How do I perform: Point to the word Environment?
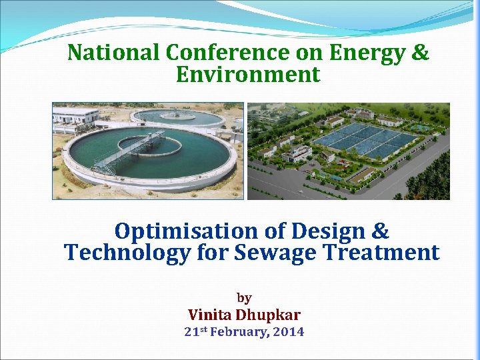[x=248, y=74]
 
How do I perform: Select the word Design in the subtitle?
[x=326, y=231]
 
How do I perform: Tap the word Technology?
[x=127, y=253]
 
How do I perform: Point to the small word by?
[x=244, y=297]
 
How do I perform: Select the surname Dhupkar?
[x=271, y=315]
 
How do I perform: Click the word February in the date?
[x=241, y=332]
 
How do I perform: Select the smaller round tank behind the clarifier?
[x=177, y=117]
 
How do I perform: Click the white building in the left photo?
[x=75, y=115]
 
